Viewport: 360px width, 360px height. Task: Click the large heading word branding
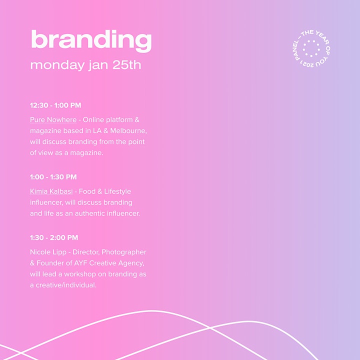(x=91, y=40)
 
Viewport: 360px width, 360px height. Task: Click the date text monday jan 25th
(x=85, y=65)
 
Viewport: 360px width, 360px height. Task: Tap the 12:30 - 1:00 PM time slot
(x=55, y=105)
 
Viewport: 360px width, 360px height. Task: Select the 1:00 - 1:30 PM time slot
(x=53, y=177)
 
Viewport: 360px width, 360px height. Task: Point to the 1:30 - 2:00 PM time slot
(x=54, y=237)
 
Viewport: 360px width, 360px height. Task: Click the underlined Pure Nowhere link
(x=53, y=120)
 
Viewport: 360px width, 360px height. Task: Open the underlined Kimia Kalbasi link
(x=51, y=191)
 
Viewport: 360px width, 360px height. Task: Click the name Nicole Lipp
(x=48, y=252)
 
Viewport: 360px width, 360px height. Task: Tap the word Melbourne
(x=128, y=130)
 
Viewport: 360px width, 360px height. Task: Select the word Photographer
(x=124, y=252)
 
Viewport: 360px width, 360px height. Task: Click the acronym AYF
(x=80, y=263)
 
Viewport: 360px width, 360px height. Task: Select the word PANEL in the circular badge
(x=296, y=50)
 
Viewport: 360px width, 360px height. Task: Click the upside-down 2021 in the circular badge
(x=306, y=64)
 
